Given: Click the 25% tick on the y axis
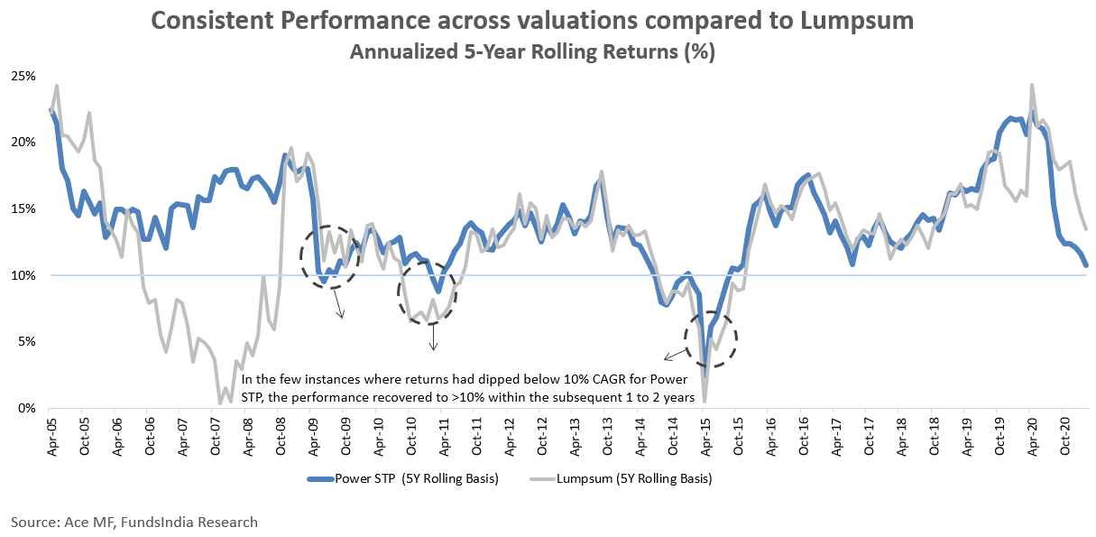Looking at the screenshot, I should tap(23, 75).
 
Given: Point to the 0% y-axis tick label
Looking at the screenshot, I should tap(26, 408).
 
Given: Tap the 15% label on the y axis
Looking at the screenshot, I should tap(23, 208).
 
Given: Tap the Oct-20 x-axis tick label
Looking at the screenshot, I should tap(1064, 433).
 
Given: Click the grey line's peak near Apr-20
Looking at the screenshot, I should tap(1031, 85).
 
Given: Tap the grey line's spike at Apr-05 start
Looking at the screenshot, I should tap(57, 87).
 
